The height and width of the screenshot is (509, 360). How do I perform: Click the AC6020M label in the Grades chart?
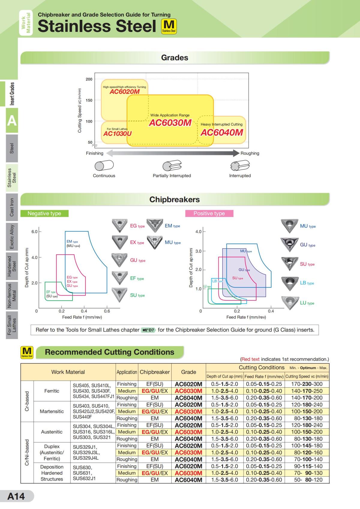click(124, 92)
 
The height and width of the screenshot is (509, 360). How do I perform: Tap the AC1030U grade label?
click(117, 134)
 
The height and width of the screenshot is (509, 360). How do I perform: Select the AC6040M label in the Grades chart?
click(222, 132)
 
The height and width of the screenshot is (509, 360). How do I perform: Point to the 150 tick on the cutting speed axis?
click(89, 100)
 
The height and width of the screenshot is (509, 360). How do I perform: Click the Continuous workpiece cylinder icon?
click(104, 165)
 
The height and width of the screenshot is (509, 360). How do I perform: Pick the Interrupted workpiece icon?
click(240, 166)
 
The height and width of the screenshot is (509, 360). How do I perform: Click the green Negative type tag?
click(44, 213)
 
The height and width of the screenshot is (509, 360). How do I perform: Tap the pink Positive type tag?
click(209, 213)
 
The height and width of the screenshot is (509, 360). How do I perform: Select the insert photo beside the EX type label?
click(119, 242)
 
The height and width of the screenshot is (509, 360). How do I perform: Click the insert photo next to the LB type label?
click(289, 283)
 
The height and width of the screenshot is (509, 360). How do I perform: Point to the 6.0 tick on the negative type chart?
click(34, 232)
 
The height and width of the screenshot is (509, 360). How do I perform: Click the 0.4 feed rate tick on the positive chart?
click(271, 311)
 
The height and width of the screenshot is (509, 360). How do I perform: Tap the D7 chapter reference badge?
click(148, 330)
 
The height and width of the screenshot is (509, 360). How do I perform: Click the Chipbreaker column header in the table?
click(154, 372)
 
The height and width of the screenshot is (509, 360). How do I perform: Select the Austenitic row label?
click(52, 432)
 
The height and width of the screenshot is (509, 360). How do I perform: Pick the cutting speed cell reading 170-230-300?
click(307, 384)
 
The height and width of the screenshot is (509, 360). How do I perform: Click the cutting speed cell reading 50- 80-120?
click(307, 480)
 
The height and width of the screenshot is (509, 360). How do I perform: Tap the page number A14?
click(16, 496)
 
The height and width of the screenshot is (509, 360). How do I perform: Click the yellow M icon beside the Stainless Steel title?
click(169, 26)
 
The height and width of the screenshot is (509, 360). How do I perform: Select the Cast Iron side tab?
click(12, 207)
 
